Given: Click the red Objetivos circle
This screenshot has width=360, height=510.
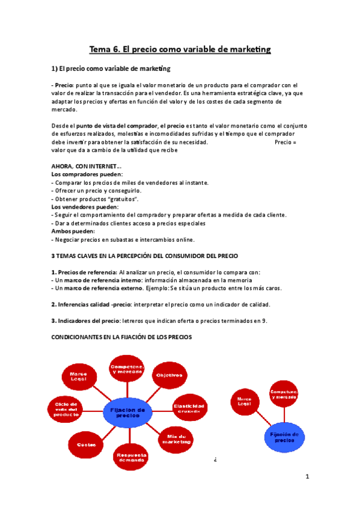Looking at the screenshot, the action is pos(169,375).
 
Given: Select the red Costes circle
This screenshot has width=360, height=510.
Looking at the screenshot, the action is pos(82,444).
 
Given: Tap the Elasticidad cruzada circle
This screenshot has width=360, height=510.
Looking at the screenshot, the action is pos(189,408).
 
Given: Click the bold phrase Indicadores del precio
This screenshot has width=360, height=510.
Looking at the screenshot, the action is pos(90,321).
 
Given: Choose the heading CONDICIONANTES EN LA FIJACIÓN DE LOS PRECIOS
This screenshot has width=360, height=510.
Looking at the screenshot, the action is pos(121,337).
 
